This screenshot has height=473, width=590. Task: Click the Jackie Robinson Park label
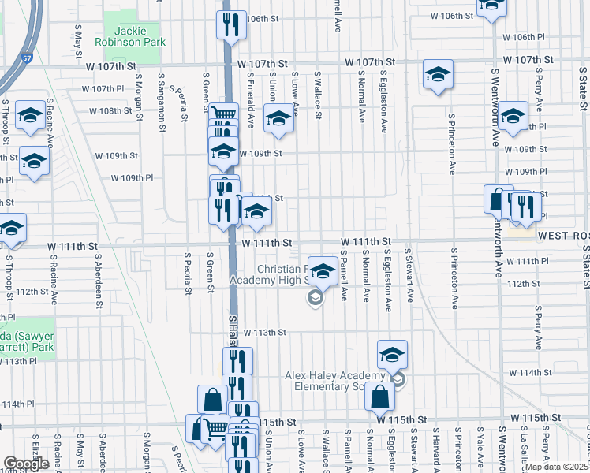[x=127, y=34]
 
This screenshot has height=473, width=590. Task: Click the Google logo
[x=26, y=464]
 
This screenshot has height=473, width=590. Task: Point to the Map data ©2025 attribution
[x=557, y=467]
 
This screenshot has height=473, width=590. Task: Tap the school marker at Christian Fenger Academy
[x=322, y=272]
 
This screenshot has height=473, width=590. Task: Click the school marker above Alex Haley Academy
[x=392, y=355]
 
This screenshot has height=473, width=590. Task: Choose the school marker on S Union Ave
[x=278, y=121]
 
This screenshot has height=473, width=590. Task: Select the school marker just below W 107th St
[x=438, y=76]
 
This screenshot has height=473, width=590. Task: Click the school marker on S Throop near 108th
[x=31, y=115]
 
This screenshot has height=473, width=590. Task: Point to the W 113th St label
[x=264, y=333]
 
